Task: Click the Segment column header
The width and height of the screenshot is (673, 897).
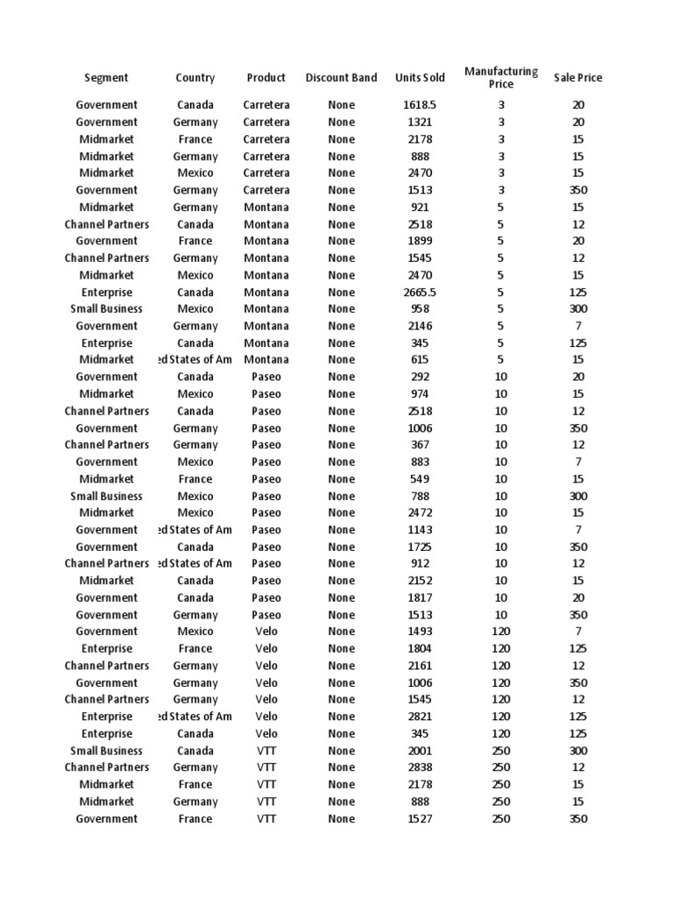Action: [106, 78]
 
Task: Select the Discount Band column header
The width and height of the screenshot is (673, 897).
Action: [341, 78]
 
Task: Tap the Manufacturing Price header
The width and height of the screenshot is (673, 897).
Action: [501, 78]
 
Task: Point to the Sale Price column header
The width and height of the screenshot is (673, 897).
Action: [577, 78]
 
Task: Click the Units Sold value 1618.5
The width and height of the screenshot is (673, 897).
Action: [420, 105]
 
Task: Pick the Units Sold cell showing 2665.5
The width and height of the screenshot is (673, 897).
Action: [420, 292]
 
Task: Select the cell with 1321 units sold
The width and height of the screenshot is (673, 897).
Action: [420, 122]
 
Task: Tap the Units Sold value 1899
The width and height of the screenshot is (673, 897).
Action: [420, 241]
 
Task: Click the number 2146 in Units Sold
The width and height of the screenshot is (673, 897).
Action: [420, 326]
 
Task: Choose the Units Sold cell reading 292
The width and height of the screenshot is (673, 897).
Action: [420, 377]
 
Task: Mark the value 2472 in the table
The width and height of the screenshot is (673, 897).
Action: [420, 512]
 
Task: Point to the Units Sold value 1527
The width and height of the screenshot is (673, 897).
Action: [420, 819]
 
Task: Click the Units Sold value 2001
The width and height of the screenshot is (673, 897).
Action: [420, 751]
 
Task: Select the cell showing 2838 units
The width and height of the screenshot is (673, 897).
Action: [420, 767]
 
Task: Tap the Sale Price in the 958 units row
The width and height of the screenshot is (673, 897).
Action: [577, 308]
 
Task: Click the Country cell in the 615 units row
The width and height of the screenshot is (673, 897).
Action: [195, 359]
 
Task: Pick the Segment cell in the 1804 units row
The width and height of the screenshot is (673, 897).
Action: [106, 648]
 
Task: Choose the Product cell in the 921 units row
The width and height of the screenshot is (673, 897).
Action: [266, 207]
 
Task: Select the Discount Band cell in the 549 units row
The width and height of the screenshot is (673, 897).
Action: [341, 479]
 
